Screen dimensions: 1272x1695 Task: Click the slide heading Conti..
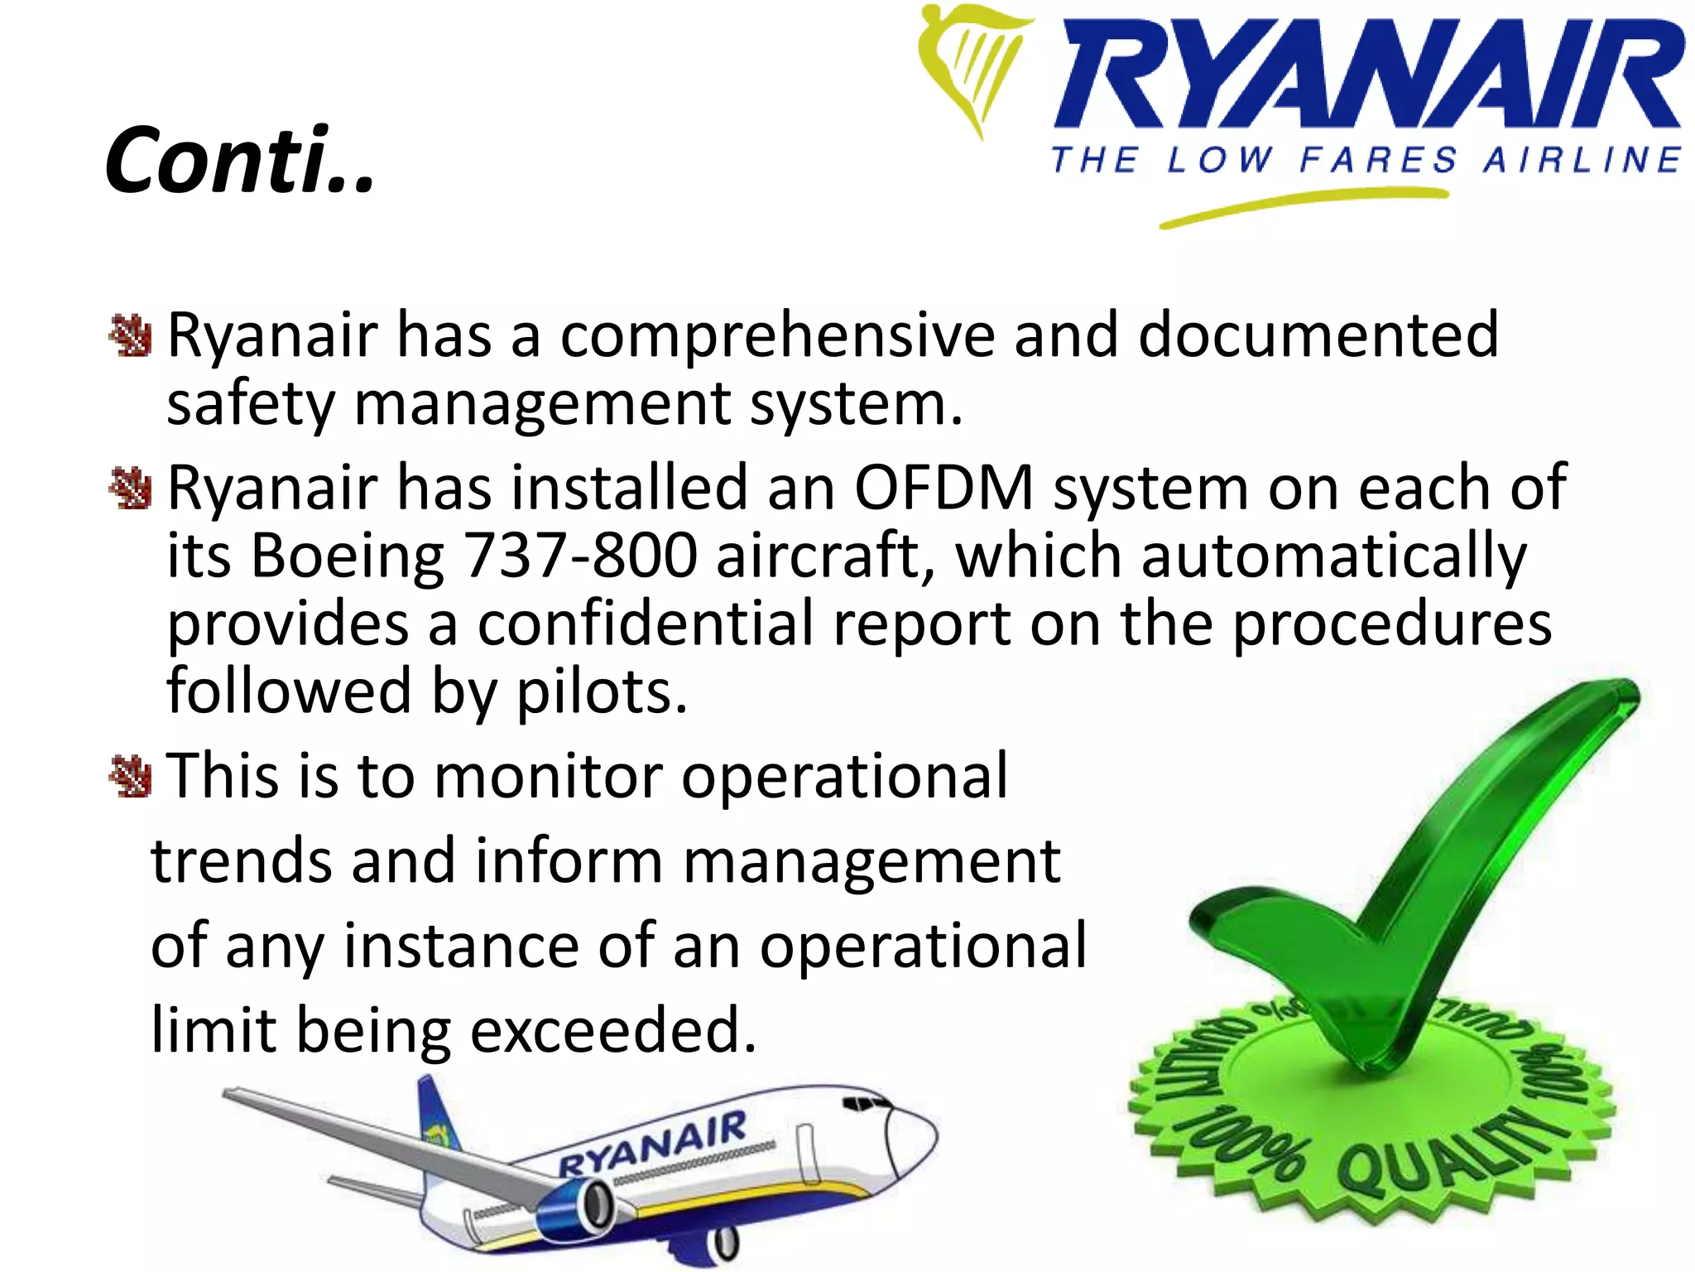pyautogui.click(x=240, y=160)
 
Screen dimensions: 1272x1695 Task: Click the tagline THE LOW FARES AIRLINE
pyautogui.click(x=1366, y=160)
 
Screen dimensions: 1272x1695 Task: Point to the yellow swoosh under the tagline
pyautogui.click(x=1304, y=206)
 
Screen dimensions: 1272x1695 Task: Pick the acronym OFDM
pyautogui.click(x=944, y=488)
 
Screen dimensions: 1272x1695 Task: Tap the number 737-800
pyautogui.click(x=579, y=556)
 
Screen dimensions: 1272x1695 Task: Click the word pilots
pyautogui.click(x=602, y=691)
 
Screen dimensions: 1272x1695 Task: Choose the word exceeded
pyautogui.click(x=612, y=1031)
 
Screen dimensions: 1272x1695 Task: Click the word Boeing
pyautogui.click(x=348, y=556)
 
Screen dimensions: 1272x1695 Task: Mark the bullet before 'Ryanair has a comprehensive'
pyautogui.click(x=130, y=335)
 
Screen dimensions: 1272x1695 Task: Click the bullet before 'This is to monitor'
pyautogui.click(x=130, y=777)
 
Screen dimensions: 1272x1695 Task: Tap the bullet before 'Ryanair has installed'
pyautogui.click(x=130, y=488)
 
